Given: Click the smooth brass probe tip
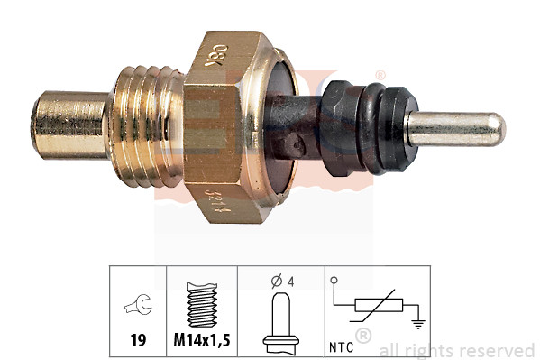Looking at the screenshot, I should [68, 123].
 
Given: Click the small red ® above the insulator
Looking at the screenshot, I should [380, 75].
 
